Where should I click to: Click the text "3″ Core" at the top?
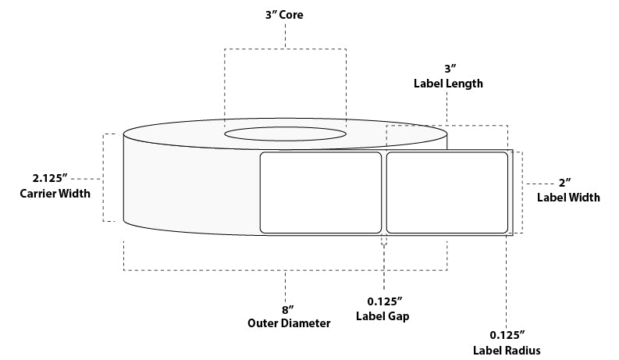pyautogui.click(x=284, y=14)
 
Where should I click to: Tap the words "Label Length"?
pyautogui.click(x=447, y=84)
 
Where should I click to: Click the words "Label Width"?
pyautogui.click(x=568, y=198)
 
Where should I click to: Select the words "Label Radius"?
pyautogui.click(x=506, y=350)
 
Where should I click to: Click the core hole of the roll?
pyautogui.click(x=285, y=134)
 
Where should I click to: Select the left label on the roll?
pyautogui.click(x=319, y=192)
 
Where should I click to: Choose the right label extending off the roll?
pyautogui.click(x=447, y=192)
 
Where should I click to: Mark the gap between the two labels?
pyautogui.click(x=383, y=192)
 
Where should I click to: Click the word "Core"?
pyautogui.click(x=292, y=14)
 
